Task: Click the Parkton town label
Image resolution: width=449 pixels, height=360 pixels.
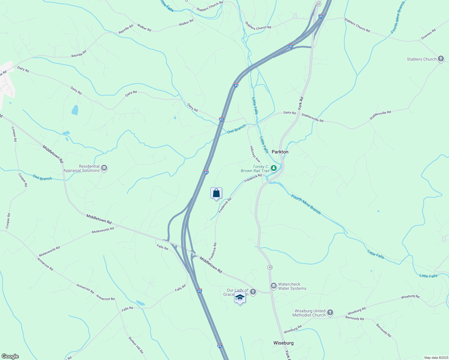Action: [280, 152]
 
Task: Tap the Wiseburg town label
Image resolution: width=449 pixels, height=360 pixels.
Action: [283, 343]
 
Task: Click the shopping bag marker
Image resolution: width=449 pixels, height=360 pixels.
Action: [216, 193]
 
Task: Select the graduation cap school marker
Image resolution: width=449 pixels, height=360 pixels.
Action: [240, 298]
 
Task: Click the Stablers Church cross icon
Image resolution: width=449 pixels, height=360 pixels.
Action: [441, 59]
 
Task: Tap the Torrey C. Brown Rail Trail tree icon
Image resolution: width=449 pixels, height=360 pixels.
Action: [273, 168]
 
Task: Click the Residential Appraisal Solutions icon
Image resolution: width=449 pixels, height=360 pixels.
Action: [104, 168]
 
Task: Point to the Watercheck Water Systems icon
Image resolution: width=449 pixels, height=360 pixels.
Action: [273, 286]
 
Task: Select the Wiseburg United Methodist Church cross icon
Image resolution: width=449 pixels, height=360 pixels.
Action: [330, 313]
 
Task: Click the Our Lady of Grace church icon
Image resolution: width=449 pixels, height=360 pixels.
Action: [253, 292]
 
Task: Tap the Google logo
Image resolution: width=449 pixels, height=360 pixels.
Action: [10, 356]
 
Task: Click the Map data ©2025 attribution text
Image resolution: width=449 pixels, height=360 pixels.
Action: [436, 358]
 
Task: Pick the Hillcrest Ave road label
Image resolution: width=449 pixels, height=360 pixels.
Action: [255, 154]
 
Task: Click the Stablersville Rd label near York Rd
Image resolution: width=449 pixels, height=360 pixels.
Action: [312, 117]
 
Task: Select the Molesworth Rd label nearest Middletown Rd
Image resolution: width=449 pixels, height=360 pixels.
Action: [103, 230]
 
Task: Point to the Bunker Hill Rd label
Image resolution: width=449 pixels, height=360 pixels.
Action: [136, 345]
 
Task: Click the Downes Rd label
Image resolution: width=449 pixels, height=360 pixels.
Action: [428, 34]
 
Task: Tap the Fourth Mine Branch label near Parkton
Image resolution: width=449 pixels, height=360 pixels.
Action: [306, 204]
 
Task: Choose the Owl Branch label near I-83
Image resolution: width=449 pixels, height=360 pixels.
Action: [236, 129]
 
